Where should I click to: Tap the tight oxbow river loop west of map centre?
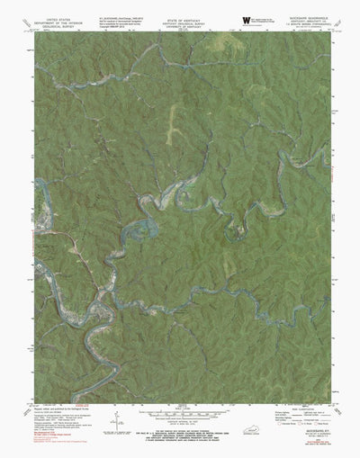[137, 236]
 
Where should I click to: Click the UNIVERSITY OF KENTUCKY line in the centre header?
[180, 24]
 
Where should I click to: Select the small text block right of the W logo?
[270, 21]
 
